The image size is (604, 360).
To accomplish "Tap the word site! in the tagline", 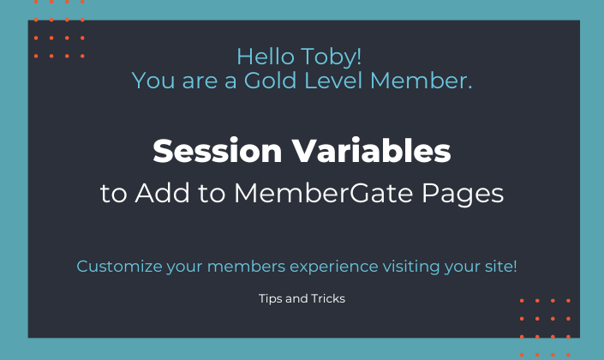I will (499, 267).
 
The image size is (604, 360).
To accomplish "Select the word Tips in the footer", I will (270, 300).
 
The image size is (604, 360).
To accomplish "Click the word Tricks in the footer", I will (328, 300).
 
